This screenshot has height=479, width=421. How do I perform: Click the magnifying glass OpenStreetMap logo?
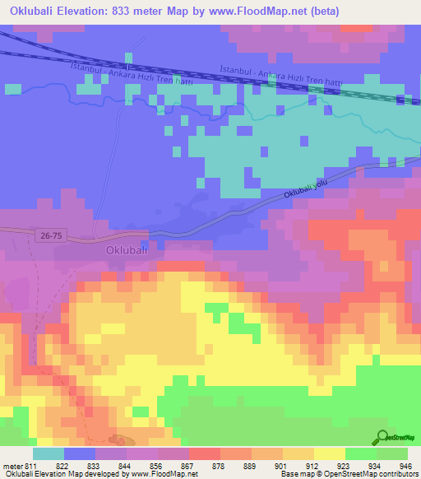pyautogui.click(x=382, y=436)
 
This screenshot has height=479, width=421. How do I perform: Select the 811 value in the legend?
pyautogui.click(x=31, y=466)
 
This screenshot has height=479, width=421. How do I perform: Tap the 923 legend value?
pyautogui.click(x=345, y=466)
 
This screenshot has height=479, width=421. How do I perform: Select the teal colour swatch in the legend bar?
pyautogui.click(x=49, y=453)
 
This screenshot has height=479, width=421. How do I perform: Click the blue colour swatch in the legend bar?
pyautogui.click(x=80, y=453)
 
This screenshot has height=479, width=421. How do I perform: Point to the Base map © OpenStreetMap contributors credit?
pyautogui.click(x=348, y=475)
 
